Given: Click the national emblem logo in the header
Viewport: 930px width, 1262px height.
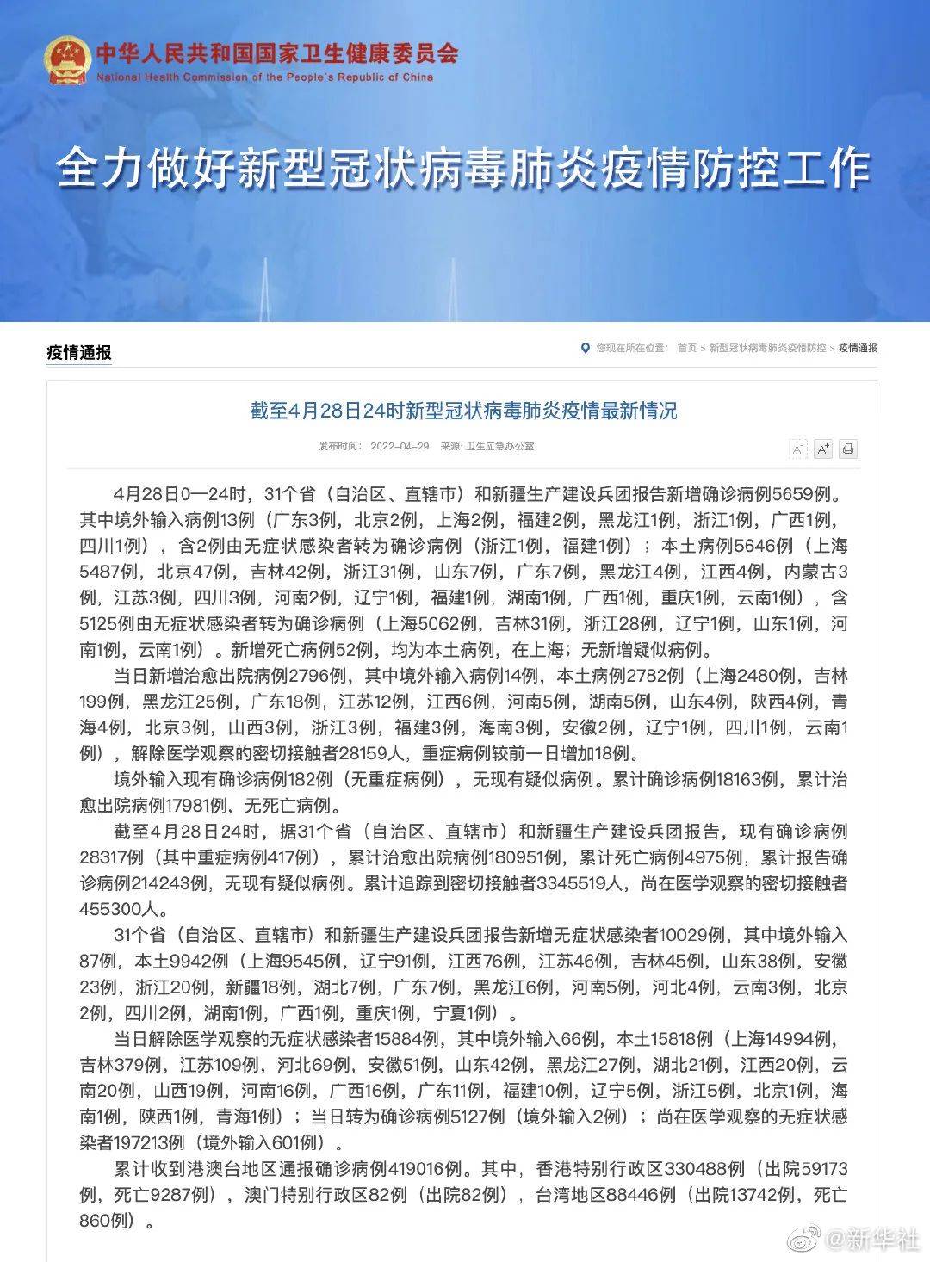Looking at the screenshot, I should [66, 59].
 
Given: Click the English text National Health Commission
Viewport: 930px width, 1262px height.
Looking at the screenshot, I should [264, 77].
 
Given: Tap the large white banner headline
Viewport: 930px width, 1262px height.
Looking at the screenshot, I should [464, 168].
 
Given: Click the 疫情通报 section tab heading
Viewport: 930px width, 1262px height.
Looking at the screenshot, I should [78, 352].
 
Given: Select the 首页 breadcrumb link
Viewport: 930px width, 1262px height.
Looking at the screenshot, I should [686, 348].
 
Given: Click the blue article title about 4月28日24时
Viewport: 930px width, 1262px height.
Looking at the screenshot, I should [463, 411].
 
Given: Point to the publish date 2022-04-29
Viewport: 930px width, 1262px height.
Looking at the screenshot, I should [400, 446].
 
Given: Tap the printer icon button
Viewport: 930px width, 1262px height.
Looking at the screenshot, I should [847, 449].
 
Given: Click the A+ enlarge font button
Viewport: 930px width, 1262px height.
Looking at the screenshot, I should [822, 449].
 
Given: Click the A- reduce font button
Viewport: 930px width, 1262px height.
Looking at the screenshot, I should [798, 449].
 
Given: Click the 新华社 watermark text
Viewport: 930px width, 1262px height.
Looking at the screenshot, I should [871, 1240].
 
